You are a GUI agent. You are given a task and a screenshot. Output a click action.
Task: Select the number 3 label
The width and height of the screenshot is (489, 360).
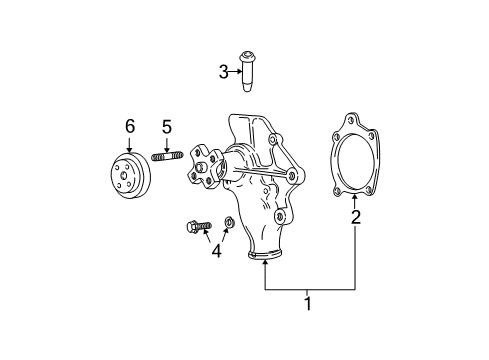[224, 70]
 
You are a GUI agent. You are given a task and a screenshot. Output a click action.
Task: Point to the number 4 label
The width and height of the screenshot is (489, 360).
[215, 251]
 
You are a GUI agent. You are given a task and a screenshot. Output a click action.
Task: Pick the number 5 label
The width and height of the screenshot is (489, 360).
[167, 126]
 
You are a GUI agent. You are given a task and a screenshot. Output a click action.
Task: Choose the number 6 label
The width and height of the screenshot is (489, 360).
[129, 126]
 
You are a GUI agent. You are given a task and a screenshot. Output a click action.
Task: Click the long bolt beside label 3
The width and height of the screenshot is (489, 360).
[248, 71]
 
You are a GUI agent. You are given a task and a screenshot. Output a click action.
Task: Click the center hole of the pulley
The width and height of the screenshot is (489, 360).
[126, 176]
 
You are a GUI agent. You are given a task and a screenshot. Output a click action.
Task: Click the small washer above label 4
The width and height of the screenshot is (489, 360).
[229, 221]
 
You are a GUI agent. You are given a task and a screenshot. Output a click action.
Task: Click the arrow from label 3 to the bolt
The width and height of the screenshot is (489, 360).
[236, 70]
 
